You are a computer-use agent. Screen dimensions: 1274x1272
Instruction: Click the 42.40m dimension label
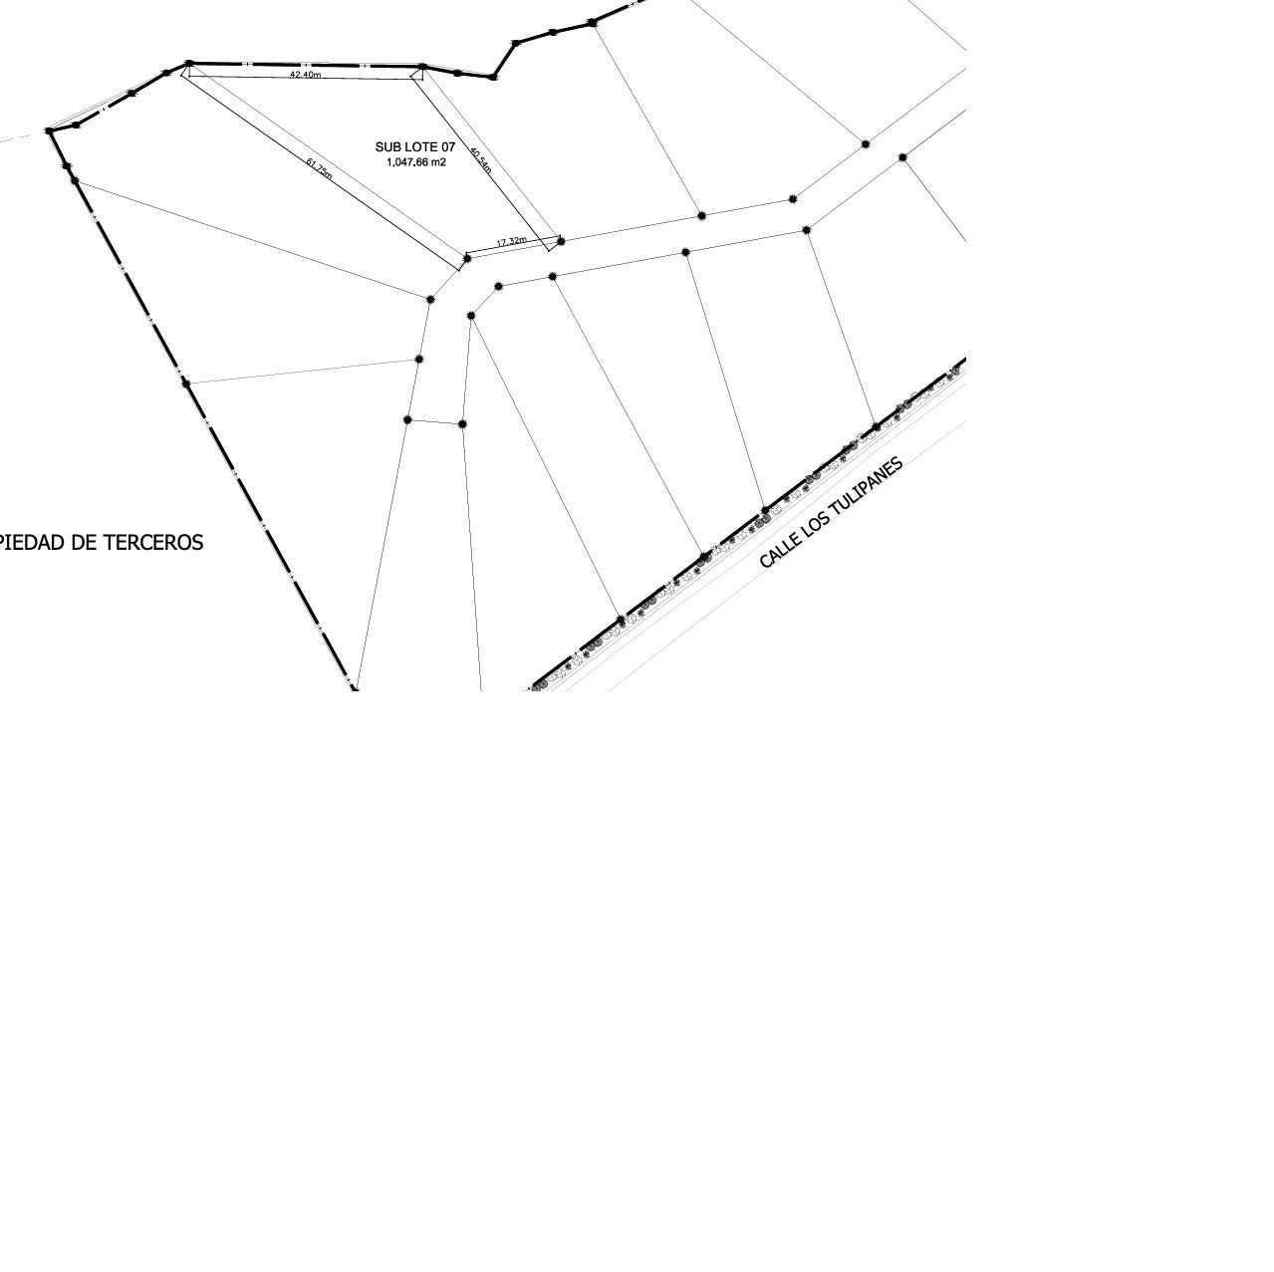(x=306, y=74)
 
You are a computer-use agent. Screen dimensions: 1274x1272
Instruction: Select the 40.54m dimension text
(x=481, y=159)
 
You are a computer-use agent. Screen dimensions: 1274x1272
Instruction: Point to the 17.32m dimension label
(x=512, y=242)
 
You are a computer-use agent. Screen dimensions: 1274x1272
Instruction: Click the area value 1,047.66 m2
(x=416, y=162)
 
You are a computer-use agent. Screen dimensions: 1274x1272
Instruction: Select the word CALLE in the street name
(x=778, y=550)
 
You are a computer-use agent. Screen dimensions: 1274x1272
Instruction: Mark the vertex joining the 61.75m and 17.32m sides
(x=467, y=259)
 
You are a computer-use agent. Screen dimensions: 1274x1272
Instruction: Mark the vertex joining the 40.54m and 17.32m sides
(x=561, y=241)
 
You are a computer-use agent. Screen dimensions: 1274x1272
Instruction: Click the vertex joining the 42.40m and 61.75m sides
(x=189, y=64)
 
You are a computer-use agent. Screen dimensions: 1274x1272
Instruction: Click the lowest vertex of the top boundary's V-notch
(x=493, y=78)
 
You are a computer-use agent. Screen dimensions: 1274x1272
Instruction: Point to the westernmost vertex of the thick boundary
(x=49, y=130)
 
